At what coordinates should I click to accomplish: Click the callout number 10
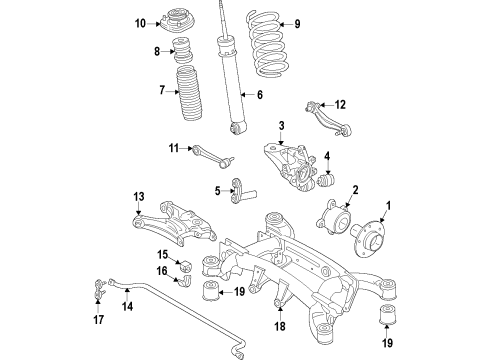pos(140,24)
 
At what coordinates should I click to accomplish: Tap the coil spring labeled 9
pos(266,43)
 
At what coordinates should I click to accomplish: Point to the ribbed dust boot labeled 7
pos(189,93)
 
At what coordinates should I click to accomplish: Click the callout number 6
pos(260,95)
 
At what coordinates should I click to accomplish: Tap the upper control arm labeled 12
pos(329,119)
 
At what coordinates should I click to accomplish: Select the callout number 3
pos(282,126)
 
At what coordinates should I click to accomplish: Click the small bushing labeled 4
pos(327,179)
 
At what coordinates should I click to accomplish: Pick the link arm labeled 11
pos(213,156)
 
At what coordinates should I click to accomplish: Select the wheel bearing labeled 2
pos(334,217)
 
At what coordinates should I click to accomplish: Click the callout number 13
pos(139,197)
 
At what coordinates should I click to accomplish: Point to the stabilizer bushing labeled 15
pos(185,266)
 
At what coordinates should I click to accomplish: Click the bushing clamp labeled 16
pos(185,280)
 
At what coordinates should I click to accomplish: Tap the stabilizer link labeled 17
pos(98,288)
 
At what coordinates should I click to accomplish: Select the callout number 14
pos(127,306)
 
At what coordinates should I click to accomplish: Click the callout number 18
pos(280,326)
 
